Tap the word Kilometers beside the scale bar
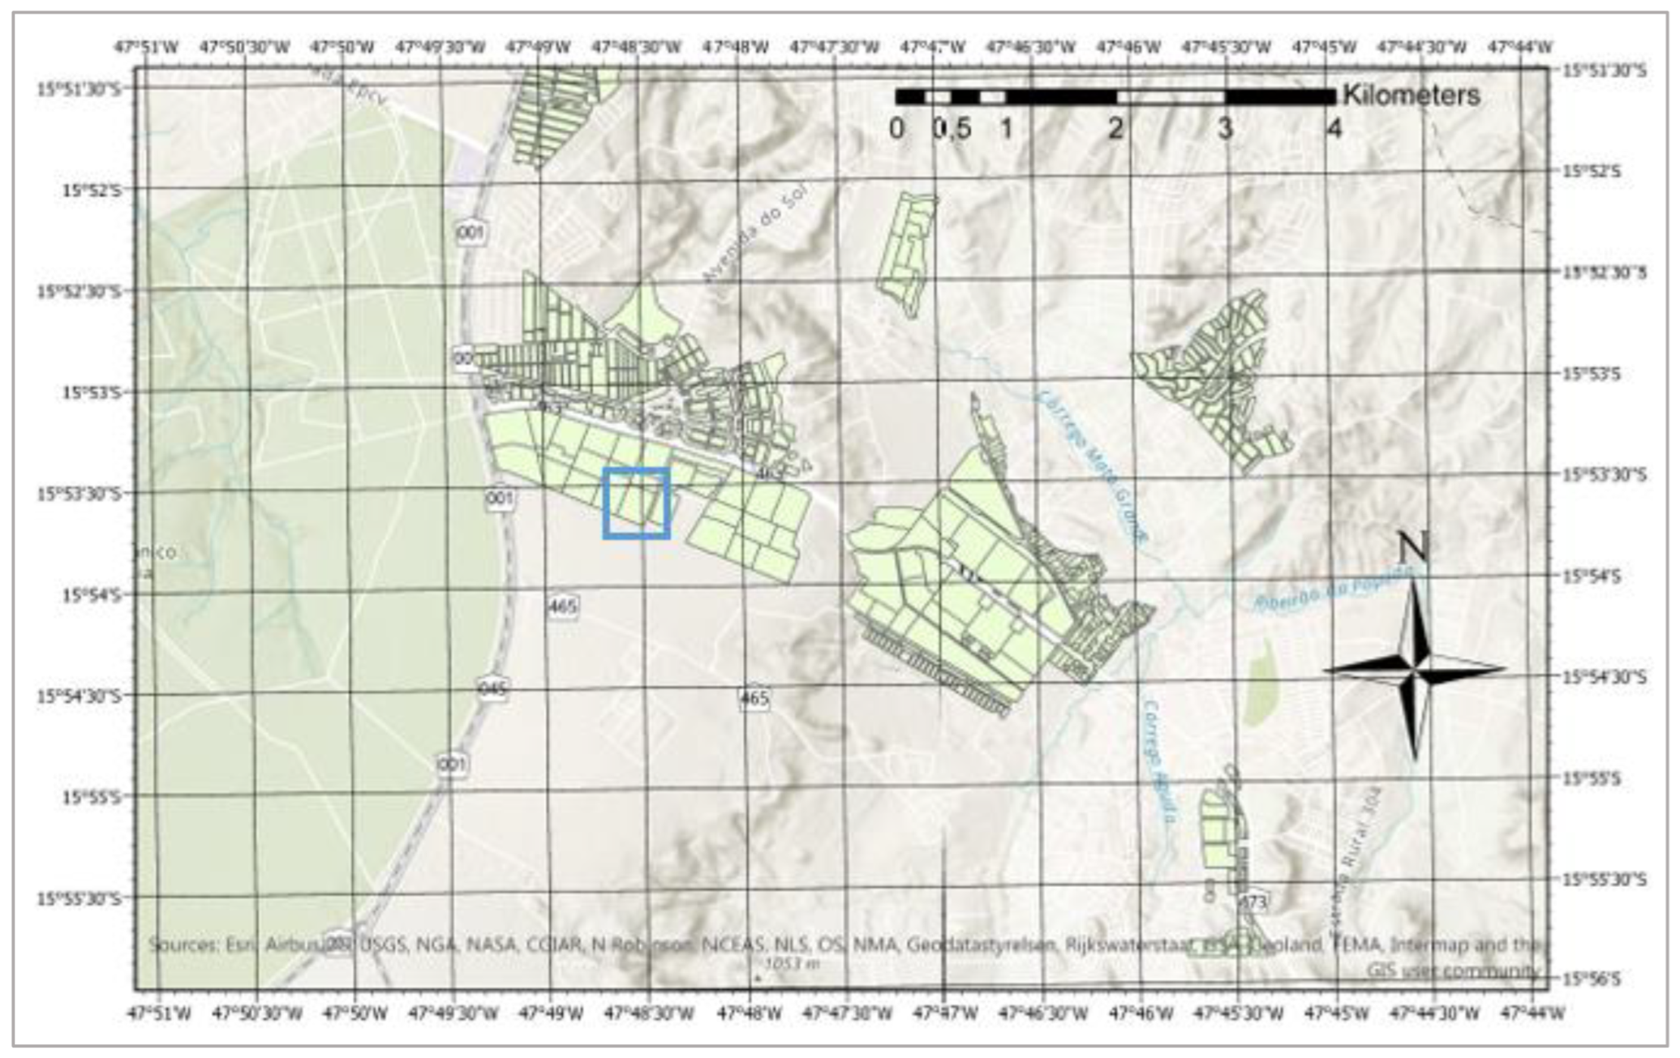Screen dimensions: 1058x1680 [1411, 95]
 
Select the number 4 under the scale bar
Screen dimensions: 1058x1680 [1333, 129]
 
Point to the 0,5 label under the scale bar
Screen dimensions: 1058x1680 [952, 129]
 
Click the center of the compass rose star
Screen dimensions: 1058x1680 [1414, 669]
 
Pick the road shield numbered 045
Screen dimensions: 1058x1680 [493, 689]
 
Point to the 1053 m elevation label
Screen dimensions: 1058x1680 [792, 964]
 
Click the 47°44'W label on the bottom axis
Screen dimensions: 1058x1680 [1532, 1012]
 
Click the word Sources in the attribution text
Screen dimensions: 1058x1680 [182, 945]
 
